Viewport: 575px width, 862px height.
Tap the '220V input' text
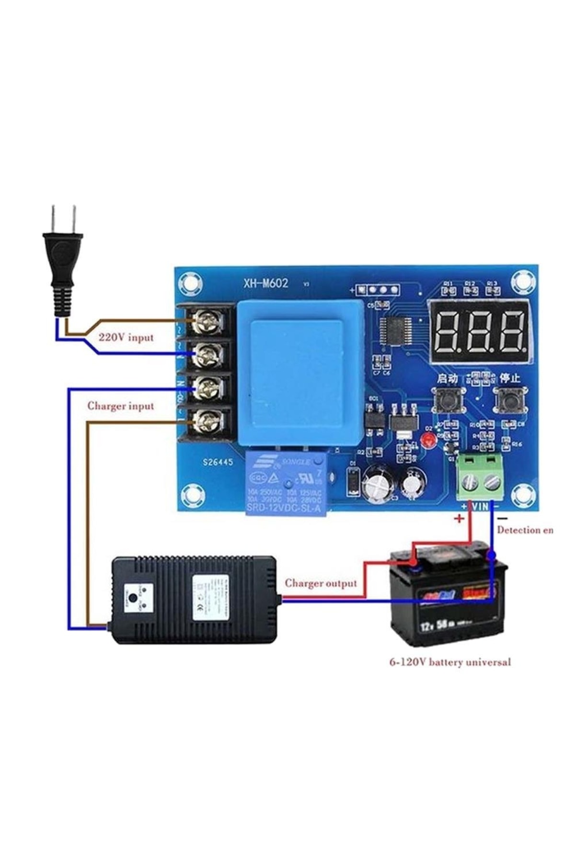coord(126,337)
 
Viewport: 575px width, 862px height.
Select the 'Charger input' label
coord(121,406)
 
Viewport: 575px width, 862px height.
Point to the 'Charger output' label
coord(321,583)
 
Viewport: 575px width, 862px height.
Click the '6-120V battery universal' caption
coord(449,663)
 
